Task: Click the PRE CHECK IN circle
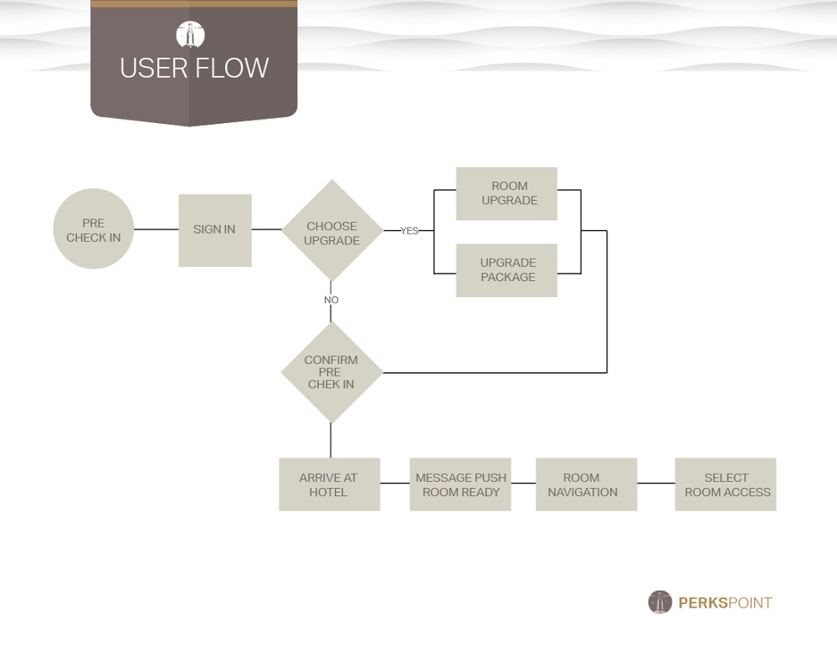point(94,228)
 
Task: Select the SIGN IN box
point(214,230)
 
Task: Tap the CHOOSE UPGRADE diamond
point(332,230)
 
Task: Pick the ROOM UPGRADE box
point(506,194)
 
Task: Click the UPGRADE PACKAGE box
point(506,270)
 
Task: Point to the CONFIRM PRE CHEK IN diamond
point(331,372)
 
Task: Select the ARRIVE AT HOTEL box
point(329,484)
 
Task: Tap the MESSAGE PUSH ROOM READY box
point(460,484)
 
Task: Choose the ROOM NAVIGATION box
point(586,484)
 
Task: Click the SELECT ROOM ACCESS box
point(726,484)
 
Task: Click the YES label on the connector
point(409,231)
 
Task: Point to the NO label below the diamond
point(331,300)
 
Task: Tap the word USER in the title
point(154,69)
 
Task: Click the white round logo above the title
point(191,35)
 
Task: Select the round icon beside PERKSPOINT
point(660,602)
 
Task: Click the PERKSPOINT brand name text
point(725,602)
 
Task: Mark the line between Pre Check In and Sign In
point(156,229)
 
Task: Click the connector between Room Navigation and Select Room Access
point(656,483)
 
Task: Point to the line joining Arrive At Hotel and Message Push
point(395,483)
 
